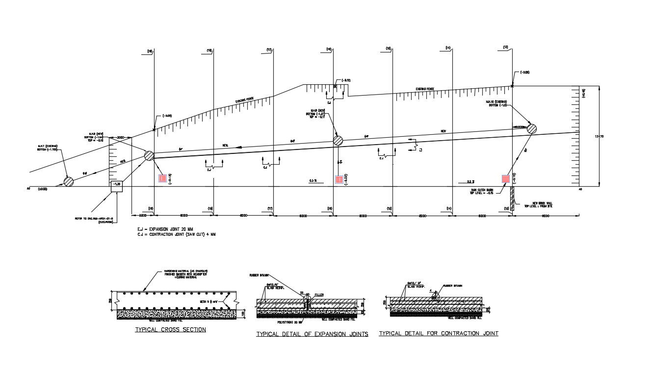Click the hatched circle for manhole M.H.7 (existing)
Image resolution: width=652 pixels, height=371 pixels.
(x=68, y=181)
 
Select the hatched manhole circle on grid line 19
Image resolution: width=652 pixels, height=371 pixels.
(x=149, y=156)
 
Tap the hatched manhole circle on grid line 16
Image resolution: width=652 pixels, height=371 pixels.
(x=338, y=141)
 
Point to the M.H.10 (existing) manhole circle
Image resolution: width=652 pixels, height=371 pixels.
(x=531, y=128)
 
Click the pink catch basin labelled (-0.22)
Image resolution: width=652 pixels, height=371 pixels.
(x=338, y=179)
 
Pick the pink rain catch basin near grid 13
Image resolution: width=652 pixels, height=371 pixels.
(x=505, y=179)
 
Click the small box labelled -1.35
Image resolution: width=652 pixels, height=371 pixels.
(x=117, y=185)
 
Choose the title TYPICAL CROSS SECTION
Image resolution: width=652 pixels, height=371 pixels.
(x=171, y=330)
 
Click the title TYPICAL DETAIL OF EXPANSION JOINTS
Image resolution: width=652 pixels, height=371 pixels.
(x=312, y=334)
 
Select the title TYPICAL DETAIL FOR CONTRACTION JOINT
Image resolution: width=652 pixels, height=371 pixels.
(x=439, y=334)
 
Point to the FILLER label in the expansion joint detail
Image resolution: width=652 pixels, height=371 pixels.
(x=319, y=295)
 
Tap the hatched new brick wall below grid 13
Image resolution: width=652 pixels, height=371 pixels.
(x=512, y=199)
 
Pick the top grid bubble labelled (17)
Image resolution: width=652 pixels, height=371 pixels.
(x=269, y=50)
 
